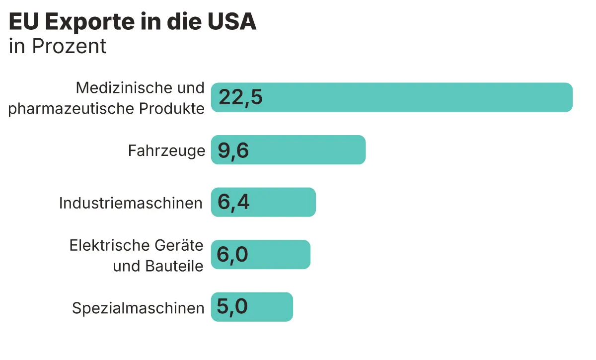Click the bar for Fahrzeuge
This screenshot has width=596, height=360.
click(288, 149)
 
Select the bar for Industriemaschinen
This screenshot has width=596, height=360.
click(263, 202)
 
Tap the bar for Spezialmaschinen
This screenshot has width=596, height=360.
click(252, 307)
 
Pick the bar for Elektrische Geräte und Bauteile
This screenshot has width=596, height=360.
click(261, 255)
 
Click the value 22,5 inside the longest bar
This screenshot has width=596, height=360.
click(240, 97)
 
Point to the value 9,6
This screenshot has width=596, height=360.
click(233, 150)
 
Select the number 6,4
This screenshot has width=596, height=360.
click(233, 203)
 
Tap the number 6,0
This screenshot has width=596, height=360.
click(232, 255)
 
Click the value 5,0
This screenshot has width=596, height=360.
click(232, 307)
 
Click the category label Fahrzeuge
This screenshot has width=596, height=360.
click(166, 150)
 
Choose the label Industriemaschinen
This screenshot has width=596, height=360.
click(131, 203)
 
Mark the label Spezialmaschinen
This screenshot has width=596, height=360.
click(138, 308)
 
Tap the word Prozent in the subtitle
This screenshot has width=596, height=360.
click(69, 46)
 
